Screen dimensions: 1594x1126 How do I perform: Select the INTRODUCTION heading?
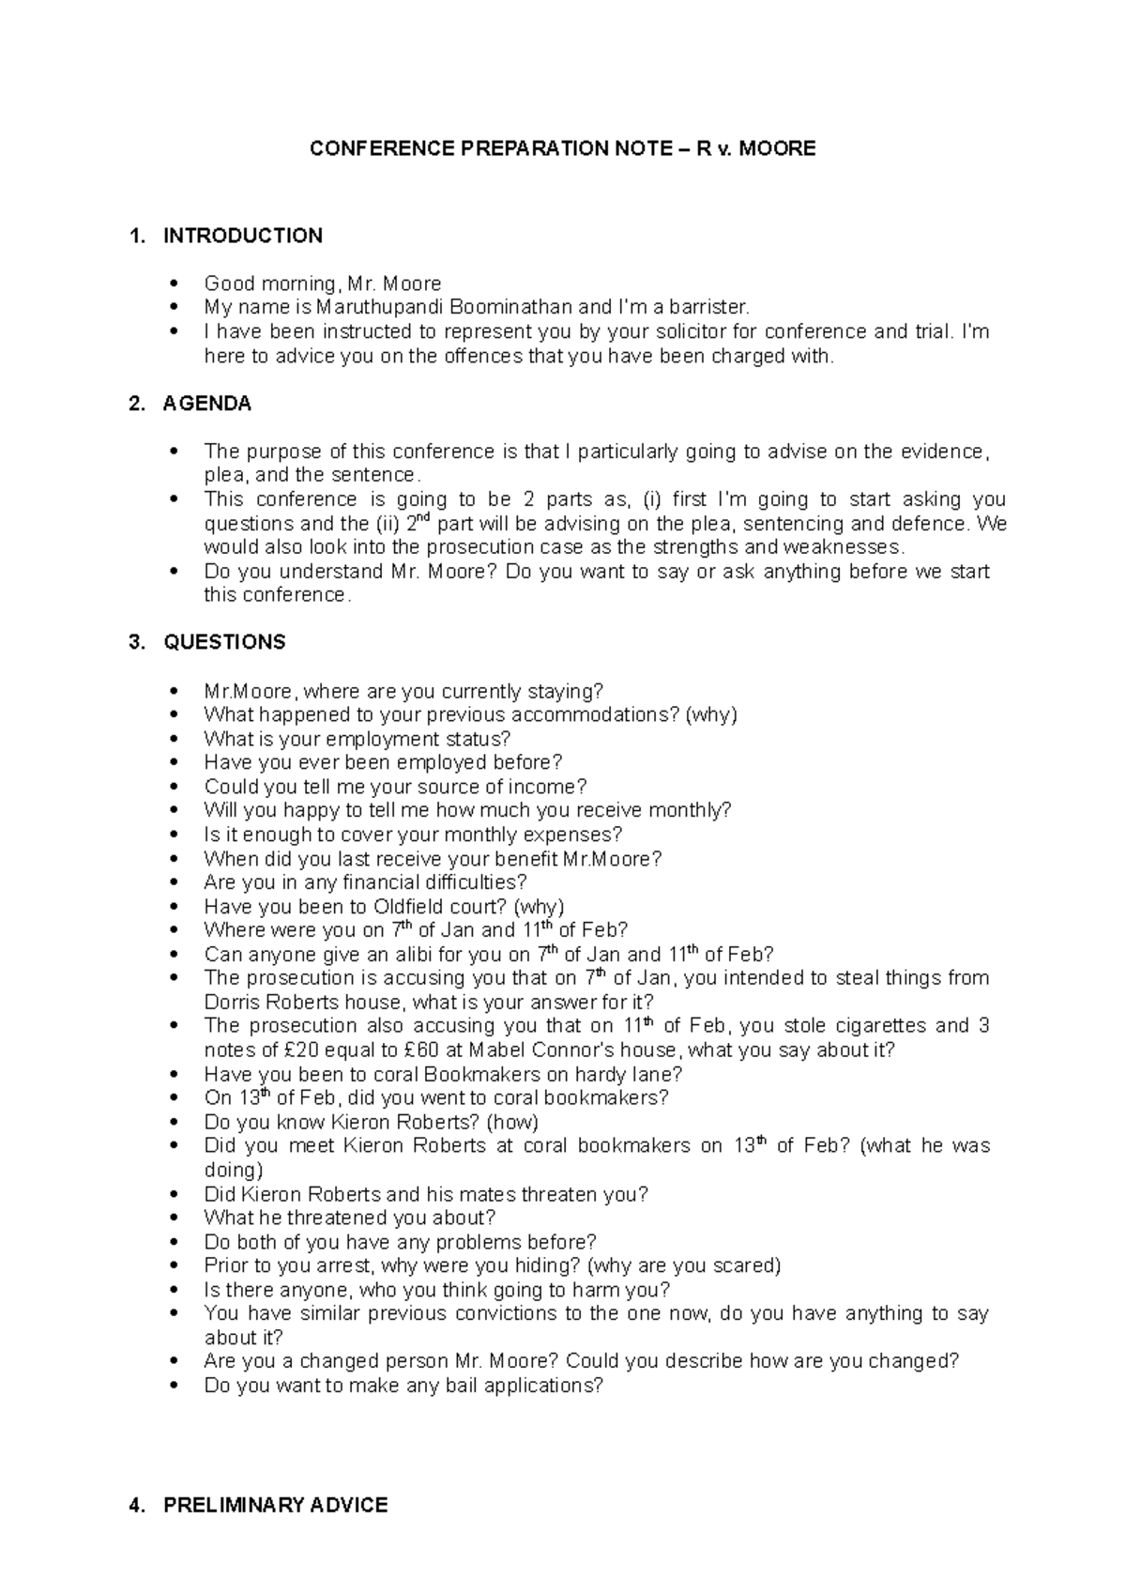(242, 236)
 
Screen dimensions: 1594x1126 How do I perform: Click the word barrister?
(708, 307)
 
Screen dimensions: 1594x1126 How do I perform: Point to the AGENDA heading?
(206, 404)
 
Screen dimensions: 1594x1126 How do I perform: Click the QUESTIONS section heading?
(224, 642)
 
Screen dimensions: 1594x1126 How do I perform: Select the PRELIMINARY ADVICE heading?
(275, 1505)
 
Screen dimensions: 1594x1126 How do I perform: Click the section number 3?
(137, 642)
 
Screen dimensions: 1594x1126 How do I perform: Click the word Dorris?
(234, 1002)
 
